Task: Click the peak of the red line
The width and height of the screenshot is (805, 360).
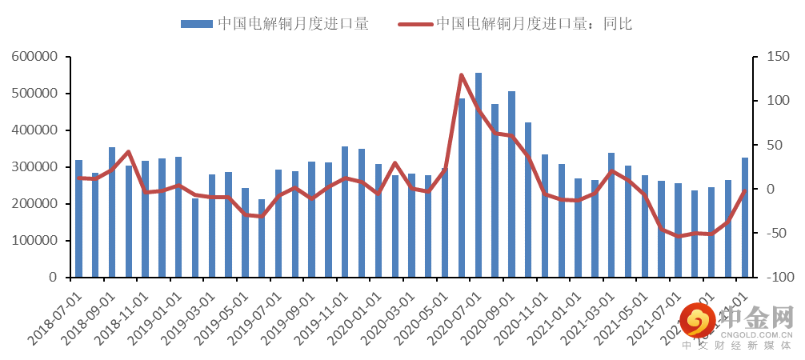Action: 462,75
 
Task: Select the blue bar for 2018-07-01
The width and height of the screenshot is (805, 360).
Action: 78,218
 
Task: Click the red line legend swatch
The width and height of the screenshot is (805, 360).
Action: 415,24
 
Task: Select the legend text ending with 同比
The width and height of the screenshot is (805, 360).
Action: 535,24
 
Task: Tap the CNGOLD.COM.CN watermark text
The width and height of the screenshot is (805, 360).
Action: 759,336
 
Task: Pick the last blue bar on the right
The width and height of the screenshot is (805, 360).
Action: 745,217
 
